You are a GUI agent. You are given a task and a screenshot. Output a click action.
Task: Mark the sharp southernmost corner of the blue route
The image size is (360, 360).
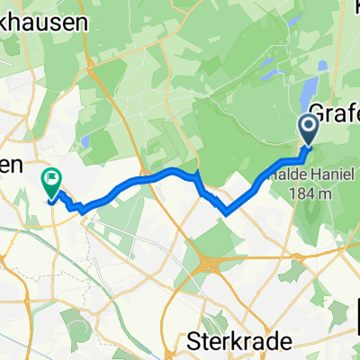[x=226, y=212]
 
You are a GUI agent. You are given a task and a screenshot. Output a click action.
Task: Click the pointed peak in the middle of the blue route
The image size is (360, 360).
[x=197, y=169]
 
